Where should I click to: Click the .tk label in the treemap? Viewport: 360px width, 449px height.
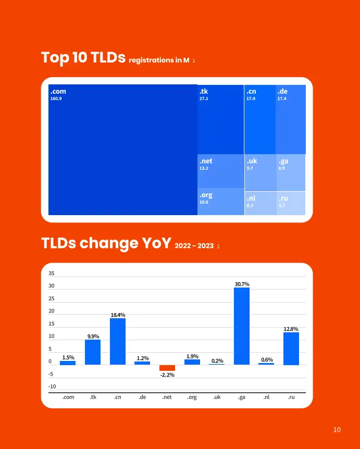click(204, 91)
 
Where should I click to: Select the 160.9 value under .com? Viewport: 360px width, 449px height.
click(56, 98)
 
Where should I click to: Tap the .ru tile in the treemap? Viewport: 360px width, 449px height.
click(291, 203)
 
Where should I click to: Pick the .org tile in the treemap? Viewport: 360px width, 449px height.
click(220, 202)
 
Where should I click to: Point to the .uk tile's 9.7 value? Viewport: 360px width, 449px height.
click(250, 168)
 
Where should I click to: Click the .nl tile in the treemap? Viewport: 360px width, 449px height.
click(260, 203)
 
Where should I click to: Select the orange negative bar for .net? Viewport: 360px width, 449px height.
click(167, 368)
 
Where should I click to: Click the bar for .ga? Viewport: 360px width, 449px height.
click(242, 326)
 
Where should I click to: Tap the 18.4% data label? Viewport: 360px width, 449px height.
click(118, 315)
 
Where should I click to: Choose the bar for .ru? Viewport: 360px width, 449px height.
click(291, 349)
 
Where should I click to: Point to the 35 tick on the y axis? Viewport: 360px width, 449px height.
click(52, 273)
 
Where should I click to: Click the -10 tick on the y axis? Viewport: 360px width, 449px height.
click(52, 386)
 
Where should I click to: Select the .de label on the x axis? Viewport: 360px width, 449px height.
click(142, 397)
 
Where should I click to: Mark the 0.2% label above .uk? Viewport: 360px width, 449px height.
click(217, 361)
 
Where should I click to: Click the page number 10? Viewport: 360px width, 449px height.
click(337, 430)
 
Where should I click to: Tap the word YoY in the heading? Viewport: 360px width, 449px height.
click(156, 243)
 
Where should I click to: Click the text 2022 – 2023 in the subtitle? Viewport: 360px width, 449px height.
click(194, 246)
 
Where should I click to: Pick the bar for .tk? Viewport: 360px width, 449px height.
click(93, 352)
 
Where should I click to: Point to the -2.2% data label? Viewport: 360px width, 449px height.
click(167, 375)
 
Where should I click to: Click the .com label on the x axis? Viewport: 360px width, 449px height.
click(68, 397)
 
